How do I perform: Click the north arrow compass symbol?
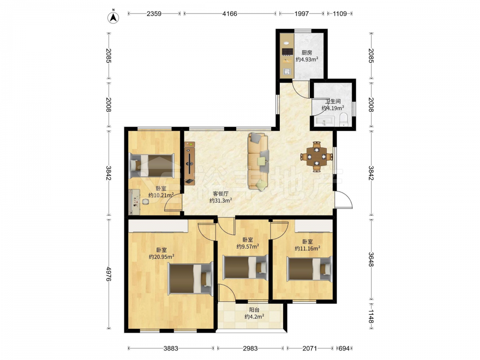113,17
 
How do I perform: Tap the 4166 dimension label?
229,13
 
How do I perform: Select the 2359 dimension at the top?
154,13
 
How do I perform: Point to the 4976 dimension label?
108,274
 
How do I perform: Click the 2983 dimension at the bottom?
250,348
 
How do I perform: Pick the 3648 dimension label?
371,259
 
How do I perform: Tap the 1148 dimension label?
371,316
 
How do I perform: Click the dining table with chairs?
317,157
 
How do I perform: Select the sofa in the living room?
259,161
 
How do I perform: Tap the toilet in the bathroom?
344,120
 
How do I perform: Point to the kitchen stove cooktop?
287,52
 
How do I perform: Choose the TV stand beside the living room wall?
190,163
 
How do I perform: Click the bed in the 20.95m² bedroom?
191,278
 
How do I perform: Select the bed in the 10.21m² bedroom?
152,166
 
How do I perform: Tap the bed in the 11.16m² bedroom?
309,269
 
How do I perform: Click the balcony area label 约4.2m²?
254,316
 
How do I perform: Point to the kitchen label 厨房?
307,53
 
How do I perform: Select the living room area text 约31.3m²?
221,201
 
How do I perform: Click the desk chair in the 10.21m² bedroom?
145,202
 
